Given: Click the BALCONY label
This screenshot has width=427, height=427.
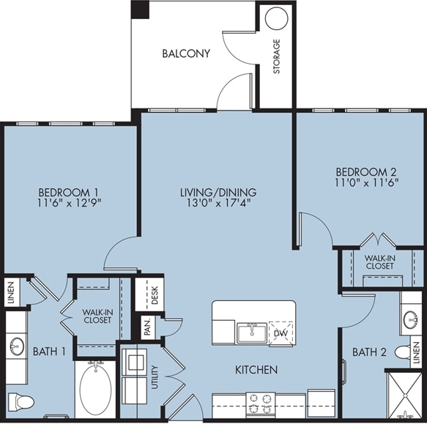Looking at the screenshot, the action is pos(186,53).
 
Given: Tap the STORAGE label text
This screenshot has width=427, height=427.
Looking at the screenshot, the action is pos(277,56).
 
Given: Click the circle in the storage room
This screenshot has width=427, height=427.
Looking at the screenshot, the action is pos(276,18).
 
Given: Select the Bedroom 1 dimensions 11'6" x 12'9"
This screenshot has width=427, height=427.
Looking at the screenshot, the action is pos(70,203).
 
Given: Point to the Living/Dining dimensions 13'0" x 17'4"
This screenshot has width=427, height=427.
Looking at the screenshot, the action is pos(218,203).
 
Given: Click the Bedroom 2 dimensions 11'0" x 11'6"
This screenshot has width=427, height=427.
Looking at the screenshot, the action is pos(366,182).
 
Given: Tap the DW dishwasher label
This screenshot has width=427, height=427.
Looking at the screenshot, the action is pos(281,333).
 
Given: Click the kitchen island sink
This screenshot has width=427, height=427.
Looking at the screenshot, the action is pos(252,333).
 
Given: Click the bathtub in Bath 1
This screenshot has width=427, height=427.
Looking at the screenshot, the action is pos(96,390).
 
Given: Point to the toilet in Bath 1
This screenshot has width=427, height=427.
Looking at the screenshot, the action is pos(21,401).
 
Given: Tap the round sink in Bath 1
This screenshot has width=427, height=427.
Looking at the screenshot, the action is pos(17,346).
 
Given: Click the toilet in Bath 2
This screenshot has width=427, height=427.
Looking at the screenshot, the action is pos(404,352).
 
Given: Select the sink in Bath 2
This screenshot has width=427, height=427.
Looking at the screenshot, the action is pos(410,319).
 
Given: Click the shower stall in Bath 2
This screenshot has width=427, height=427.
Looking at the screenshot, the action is pos(405,395).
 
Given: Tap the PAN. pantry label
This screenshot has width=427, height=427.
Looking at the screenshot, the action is pos(148,327).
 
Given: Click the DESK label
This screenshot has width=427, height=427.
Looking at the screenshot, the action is pos(155,295).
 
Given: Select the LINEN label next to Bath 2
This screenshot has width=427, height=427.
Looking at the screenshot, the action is pos(416,353).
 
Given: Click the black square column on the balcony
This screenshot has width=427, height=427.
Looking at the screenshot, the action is pos(140,10).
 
